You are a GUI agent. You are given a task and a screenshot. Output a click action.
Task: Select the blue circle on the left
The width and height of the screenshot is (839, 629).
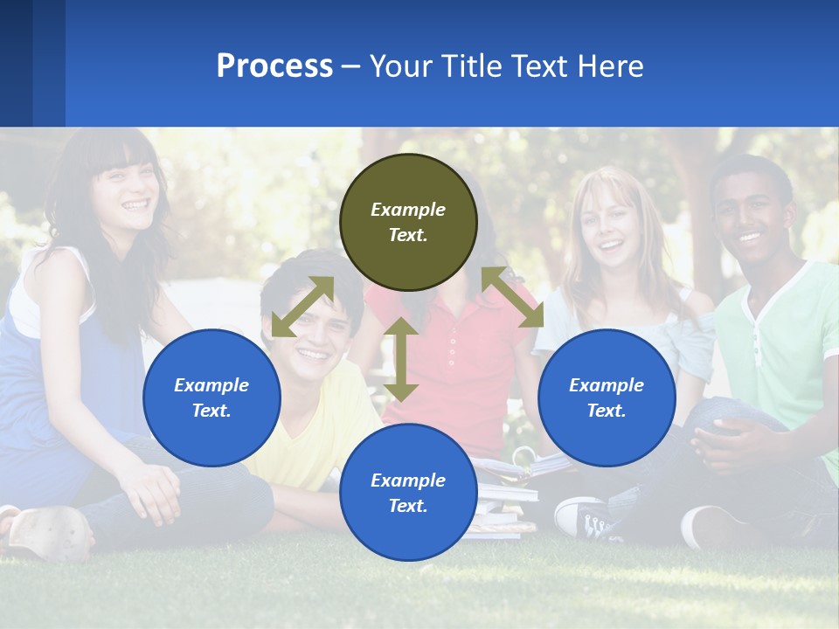(211, 397)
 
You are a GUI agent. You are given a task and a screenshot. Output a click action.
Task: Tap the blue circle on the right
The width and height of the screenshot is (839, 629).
(607, 397)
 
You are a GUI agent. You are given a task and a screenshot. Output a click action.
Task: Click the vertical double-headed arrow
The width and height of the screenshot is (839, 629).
(401, 359)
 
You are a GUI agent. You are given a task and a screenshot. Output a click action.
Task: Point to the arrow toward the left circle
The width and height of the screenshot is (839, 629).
(302, 307)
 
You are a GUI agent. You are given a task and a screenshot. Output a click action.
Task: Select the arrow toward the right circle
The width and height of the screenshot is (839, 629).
(513, 297)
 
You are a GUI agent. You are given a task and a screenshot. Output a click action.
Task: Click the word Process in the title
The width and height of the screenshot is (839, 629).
(274, 66)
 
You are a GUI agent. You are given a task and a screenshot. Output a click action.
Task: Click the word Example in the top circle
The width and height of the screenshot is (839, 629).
(408, 210)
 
